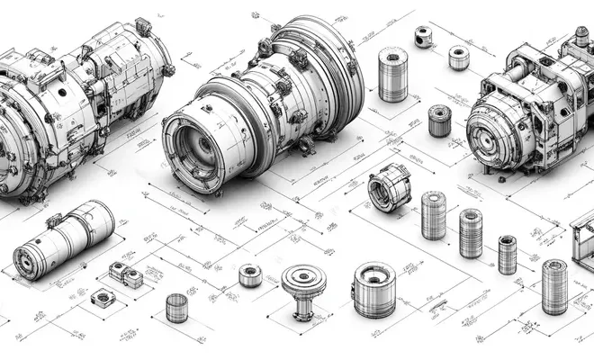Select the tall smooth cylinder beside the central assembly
click(x=392, y=77)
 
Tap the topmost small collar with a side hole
click(x=423, y=37)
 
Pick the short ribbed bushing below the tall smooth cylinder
click(x=439, y=121)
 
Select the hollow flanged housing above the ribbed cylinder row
click(x=389, y=186)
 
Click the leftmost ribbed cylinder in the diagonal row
click(x=433, y=215)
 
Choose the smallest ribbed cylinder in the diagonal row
click(x=508, y=255)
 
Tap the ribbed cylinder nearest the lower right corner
click(x=554, y=286)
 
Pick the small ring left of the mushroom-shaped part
click(x=250, y=275)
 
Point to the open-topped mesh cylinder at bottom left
click(x=176, y=308)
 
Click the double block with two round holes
click(x=126, y=274)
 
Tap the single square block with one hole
click(x=101, y=298)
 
